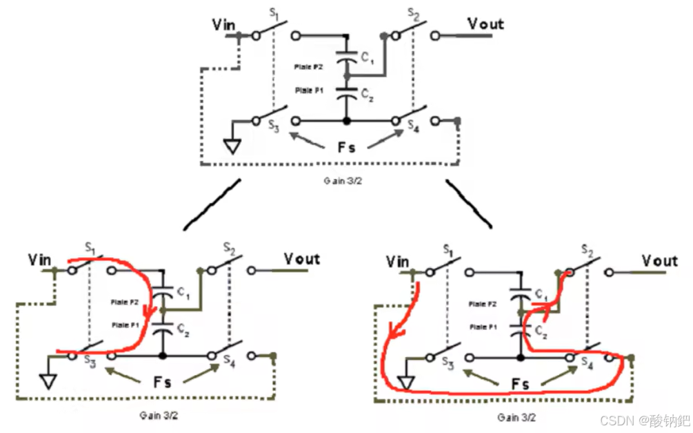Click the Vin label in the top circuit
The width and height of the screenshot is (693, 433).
pos(224,26)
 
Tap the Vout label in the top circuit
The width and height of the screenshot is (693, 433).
pos(485,24)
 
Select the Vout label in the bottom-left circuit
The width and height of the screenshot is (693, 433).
pos(302,259)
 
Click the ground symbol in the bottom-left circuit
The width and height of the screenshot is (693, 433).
pos(48,381)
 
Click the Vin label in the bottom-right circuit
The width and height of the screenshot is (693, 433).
pos(397,262)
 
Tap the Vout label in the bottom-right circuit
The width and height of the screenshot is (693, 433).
pos(660,261)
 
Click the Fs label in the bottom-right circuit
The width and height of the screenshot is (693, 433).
pos(519,384)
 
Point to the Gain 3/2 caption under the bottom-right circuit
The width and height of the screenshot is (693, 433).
pos(516,417)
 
